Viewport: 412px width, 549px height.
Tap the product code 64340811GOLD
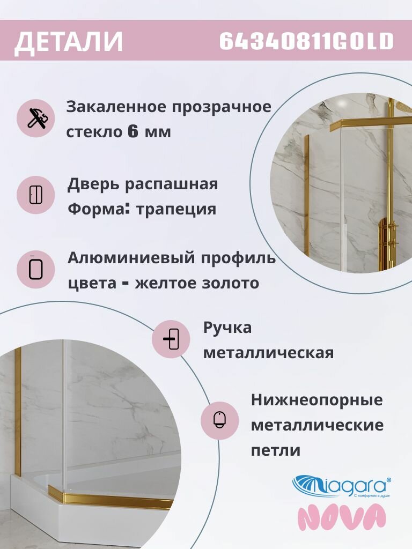coord(306,41)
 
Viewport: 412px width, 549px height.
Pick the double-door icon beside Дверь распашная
coord(35,195)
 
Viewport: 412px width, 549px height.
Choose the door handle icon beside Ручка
coord(171,339)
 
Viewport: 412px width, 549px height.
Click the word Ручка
coord(227,328)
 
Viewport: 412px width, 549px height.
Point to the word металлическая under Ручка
coord(269,353)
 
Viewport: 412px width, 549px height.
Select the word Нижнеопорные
coord(317,400)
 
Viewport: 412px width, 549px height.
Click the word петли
coord(276,450)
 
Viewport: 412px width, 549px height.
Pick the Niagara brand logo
coord(341,487)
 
